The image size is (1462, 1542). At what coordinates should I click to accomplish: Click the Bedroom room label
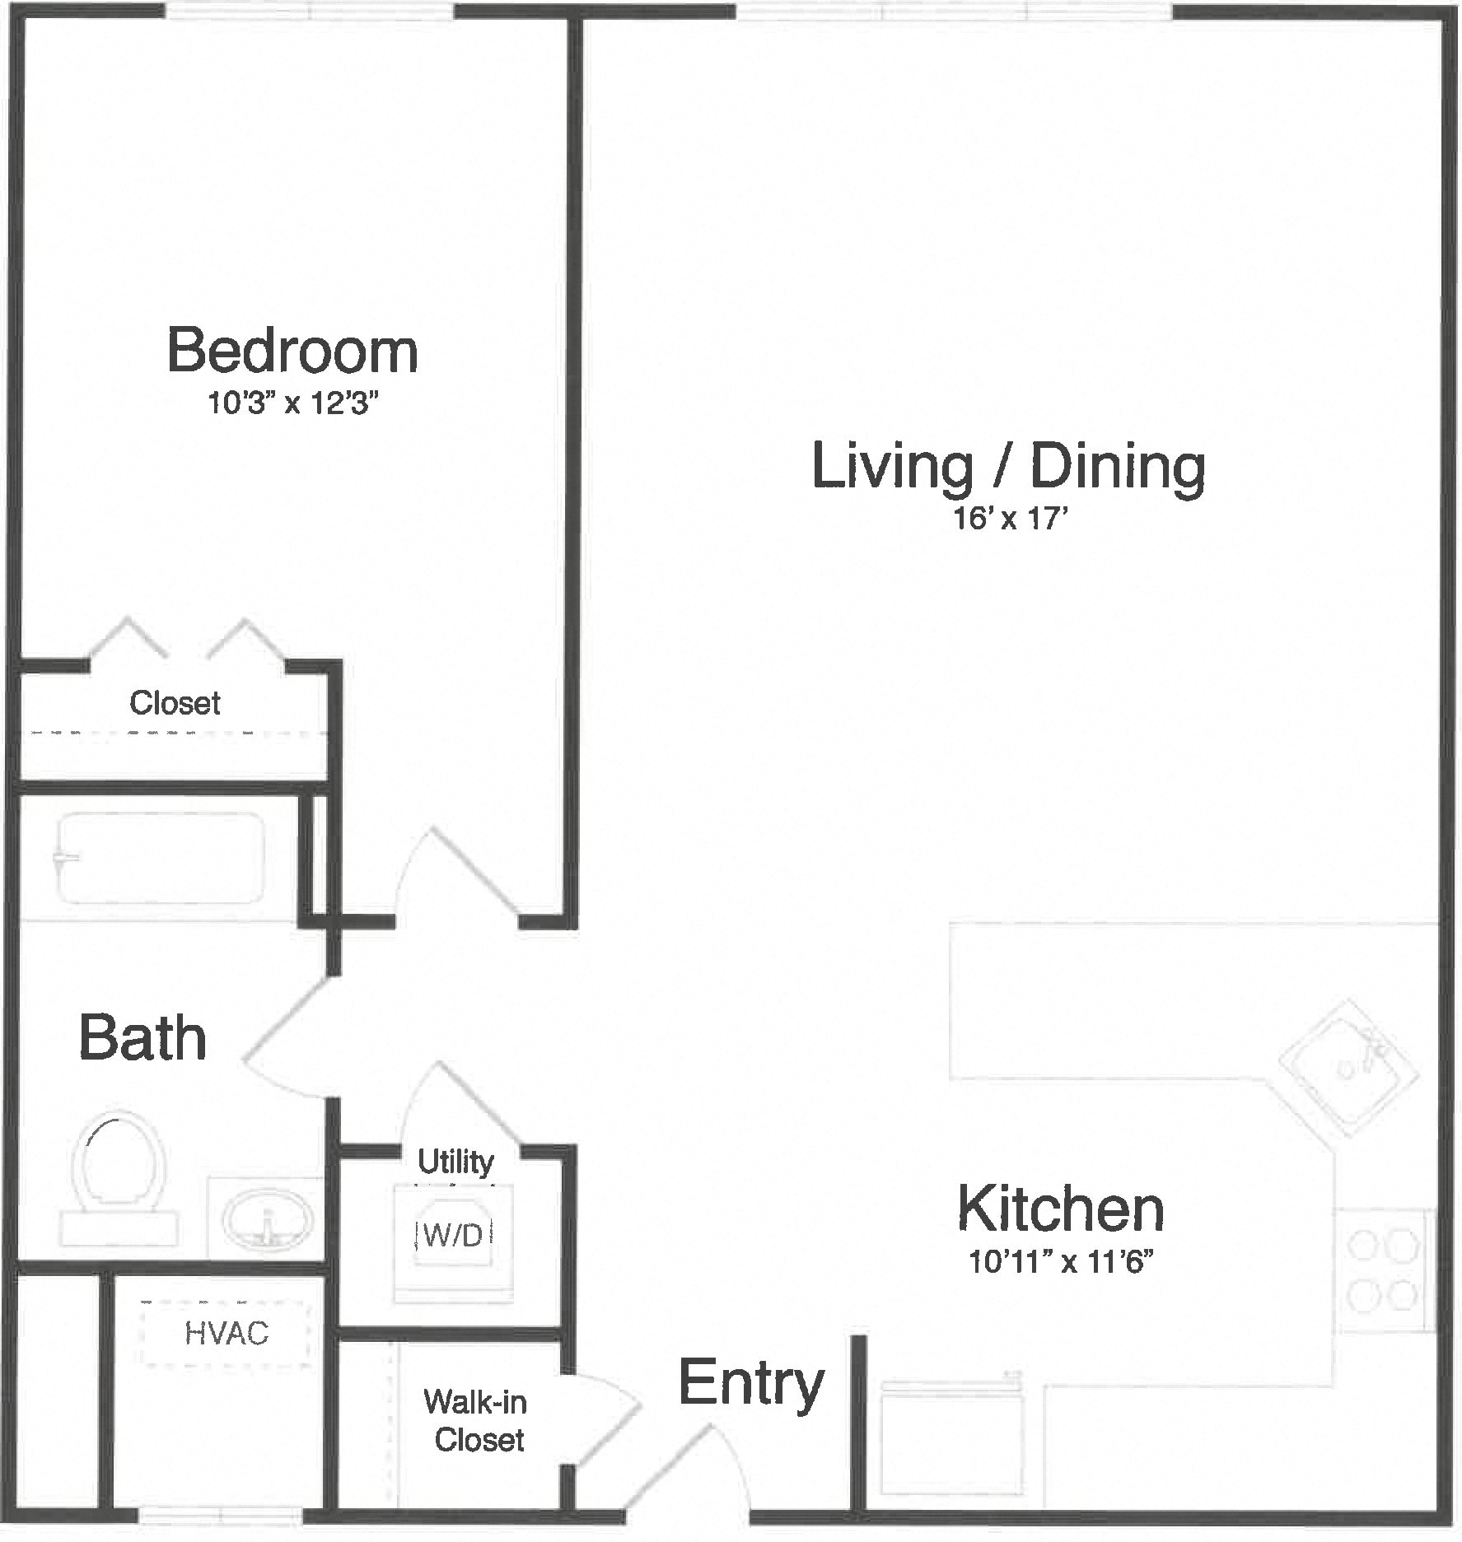click(x=292, y=352)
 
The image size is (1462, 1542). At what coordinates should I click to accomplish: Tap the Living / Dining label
click(x=1008, y=467)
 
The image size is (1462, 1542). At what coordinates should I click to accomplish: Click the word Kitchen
click(x=1061, y=1209)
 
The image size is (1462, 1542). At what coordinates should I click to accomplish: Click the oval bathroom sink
click(x=267, y=1221)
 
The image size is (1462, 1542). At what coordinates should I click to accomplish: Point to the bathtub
click(x=159, y=857)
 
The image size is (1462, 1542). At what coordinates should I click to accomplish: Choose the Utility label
click(x=455, y=1162)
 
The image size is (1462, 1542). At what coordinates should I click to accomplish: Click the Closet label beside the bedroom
click(x=175, y=703)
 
